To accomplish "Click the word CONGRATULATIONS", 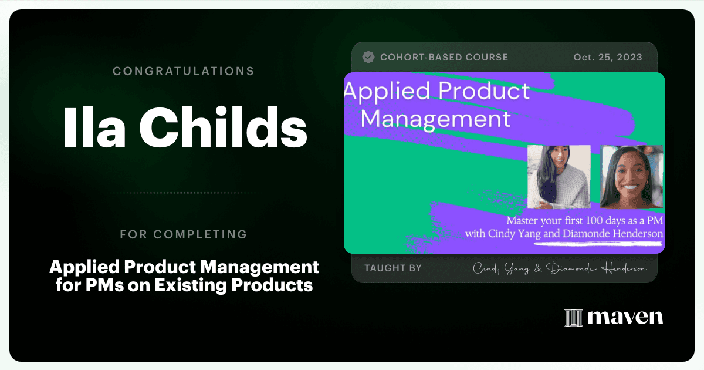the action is click(x=184, y=71).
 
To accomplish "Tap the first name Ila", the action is click(x=94, y=127).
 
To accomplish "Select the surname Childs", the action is click(x=223, y=127).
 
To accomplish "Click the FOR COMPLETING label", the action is click(x=184, y=234).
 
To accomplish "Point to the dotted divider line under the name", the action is click(x=185, y=193).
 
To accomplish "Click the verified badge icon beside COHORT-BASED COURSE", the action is click(x=368, y=58).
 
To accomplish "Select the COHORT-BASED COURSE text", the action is click(x=444, y=58).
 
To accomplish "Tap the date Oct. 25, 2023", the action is click(x=608, y=58).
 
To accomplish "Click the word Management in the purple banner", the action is click(x=435, y=120).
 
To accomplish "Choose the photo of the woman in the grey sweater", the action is click(x=559, y=177).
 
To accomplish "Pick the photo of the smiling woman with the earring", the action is click(x=632, y=177).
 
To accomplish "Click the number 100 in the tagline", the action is click(x=594, y=221).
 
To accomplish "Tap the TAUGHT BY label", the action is click(x=393, y=268).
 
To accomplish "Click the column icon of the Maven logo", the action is click(x=574, y=318).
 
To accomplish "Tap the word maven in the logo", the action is click(x=625, y=318).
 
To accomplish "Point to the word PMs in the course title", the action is click(x=104, y=285).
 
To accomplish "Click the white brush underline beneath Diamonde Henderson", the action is click(x=598, y=243).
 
